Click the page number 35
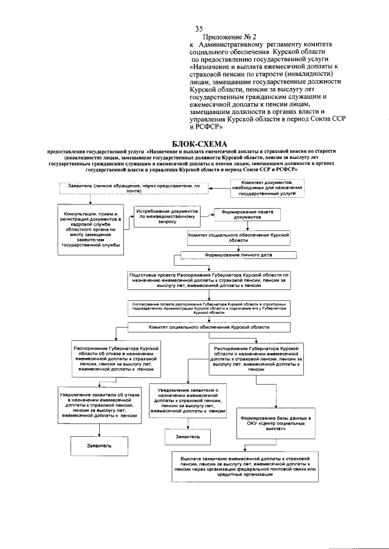[x=198, y=29]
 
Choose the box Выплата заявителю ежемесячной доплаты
[x=245, y=465]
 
